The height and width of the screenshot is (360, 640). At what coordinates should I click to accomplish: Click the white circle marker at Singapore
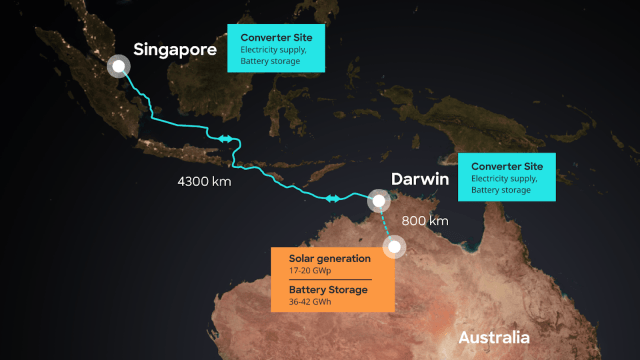[x=119, y=66]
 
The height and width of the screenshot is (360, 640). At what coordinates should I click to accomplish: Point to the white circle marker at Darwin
[x=379, y=202]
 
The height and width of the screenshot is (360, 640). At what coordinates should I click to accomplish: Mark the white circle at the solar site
[x=395, y=246]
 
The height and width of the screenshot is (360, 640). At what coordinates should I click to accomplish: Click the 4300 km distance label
[x=204, y=183]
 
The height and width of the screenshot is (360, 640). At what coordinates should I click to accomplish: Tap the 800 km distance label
[x=424, y=220]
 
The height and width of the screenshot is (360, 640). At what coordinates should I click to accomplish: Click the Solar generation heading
[x=315, y=260]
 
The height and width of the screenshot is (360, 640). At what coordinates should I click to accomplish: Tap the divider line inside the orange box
[x=323, y=280]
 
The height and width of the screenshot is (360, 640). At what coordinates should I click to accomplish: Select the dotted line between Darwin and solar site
[x=386, y=223]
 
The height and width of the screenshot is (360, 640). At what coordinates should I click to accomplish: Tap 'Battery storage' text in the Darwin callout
[x=503, y=190]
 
